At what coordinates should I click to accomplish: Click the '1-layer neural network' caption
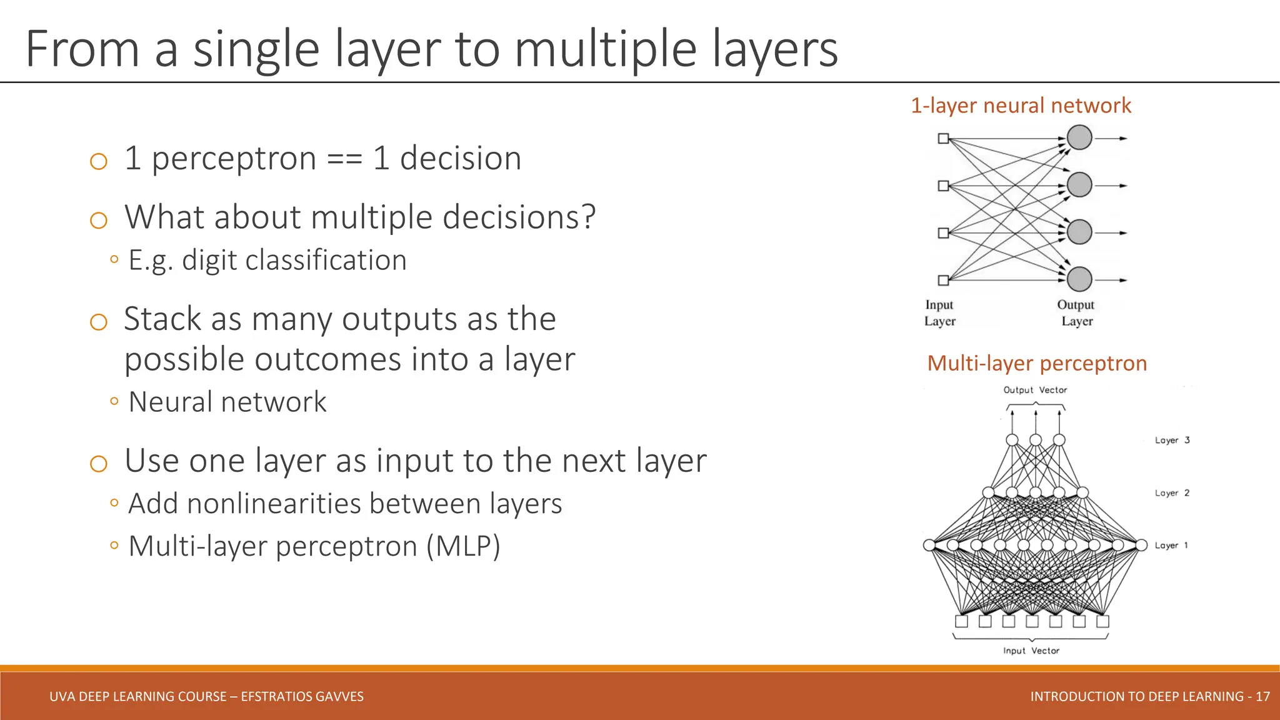point(1021,105)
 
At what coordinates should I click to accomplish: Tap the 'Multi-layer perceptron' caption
point(1037,363)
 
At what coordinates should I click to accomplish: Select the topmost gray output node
point(1079,137)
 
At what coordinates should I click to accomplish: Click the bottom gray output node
point(1079,279)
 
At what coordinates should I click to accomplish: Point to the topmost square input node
point(944,138)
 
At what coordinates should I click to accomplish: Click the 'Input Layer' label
point(939,312)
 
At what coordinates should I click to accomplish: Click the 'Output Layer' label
point(1076,312)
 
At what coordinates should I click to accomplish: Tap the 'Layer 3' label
point(1172,440)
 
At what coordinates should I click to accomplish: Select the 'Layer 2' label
point(1172,493)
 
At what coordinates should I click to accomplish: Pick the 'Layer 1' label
point(1171,546)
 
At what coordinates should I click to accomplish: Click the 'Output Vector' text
point(1035,390)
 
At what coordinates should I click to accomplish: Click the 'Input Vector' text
point(1031,651)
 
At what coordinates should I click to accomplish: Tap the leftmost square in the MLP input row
point(962,621)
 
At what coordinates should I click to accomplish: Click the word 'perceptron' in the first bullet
point(234,159)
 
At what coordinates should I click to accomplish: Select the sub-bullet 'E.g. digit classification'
point(267,260)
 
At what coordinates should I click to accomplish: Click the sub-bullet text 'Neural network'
point(227,402)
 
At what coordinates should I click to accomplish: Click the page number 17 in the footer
point(1262,696)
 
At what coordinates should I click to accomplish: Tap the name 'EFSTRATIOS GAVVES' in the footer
point(302,696)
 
